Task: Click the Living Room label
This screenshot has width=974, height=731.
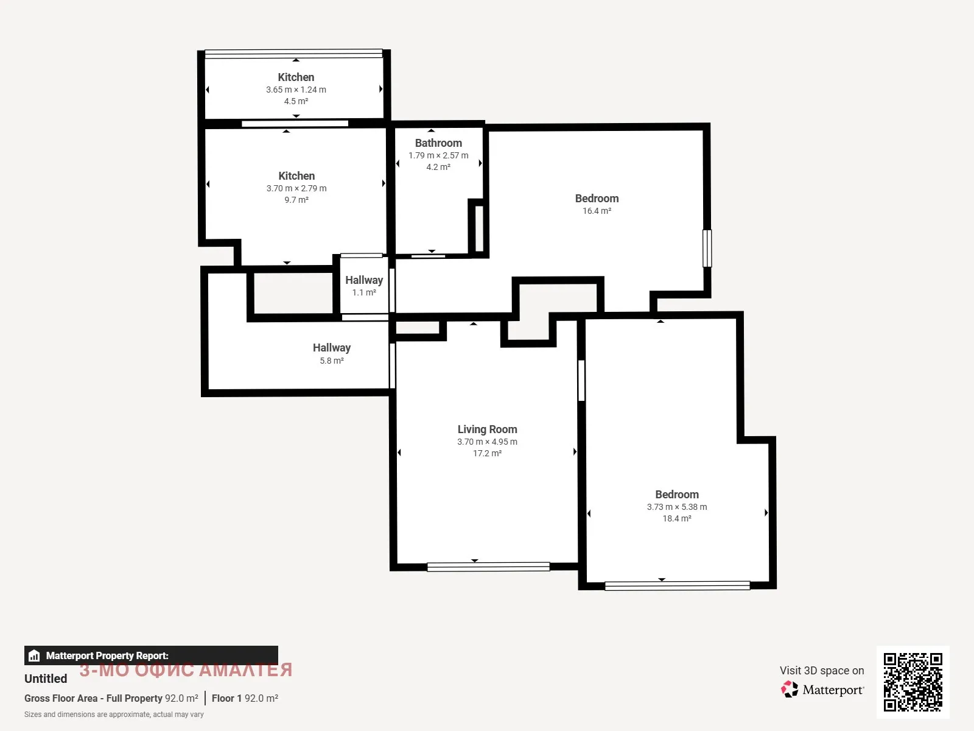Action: point(487,429)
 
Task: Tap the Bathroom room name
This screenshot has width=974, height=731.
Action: point(438,143)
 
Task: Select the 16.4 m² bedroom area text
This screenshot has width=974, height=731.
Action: point(597,211)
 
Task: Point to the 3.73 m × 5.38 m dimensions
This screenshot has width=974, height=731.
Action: point(677,507)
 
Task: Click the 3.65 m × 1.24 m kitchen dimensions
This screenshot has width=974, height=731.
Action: point(296,90)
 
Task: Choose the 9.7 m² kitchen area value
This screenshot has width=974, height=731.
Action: point(296,200)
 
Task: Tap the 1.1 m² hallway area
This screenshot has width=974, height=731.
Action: point(364,292)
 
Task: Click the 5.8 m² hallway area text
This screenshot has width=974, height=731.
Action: point(332,361)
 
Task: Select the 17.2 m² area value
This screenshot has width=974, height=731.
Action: point(487,453)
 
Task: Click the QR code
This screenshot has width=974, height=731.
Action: point(913,682)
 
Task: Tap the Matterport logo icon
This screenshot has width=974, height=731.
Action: point(790,690)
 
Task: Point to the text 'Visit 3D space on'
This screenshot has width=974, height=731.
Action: point(822,670)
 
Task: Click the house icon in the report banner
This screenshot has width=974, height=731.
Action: point(34,655)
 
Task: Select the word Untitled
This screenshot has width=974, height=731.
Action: point(46,679)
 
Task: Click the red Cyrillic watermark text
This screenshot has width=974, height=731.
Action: point(186,669)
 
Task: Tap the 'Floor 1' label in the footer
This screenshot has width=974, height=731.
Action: point(226,698)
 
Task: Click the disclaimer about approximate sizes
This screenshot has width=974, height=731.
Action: point(114,715)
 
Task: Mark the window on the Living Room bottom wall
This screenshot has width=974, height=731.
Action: point(489,567)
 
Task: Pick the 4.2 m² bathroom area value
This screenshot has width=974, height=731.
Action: point(438,167)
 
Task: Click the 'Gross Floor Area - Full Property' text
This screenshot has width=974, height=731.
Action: point(94,698)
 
